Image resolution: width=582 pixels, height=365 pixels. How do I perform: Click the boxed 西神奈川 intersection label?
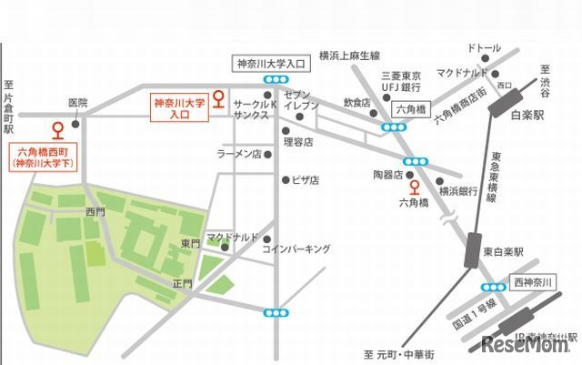(531, 282)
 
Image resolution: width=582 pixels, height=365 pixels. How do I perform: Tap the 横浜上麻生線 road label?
(349, 56)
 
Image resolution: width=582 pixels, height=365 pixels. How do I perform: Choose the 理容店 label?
(297, 142)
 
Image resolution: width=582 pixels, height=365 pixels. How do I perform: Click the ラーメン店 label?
(238, 155)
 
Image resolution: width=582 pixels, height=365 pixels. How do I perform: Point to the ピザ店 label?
(306, 180)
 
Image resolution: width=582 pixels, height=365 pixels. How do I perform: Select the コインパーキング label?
(295, 248)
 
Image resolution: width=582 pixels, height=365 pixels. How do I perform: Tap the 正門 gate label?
(182, 284)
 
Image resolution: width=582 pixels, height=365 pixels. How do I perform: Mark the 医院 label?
(77, 103)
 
